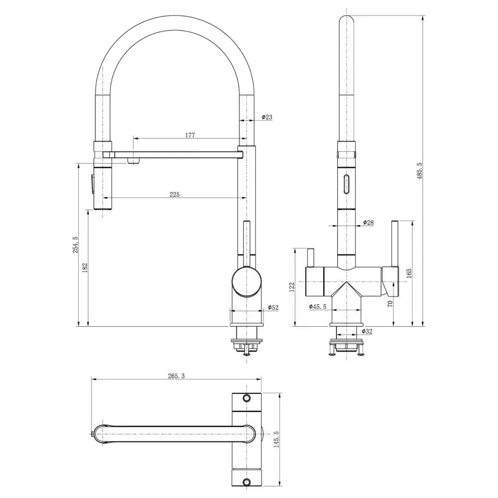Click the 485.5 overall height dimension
point(419,171)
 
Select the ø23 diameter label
point(267,117)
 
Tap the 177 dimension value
point(190,135)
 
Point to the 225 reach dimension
point(174,194)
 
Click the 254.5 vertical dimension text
point(75,245)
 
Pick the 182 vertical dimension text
point(85,268)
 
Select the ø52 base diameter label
point(273,307)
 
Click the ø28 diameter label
point(369,222)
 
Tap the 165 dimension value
point(409,273)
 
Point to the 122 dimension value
point(292,287)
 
